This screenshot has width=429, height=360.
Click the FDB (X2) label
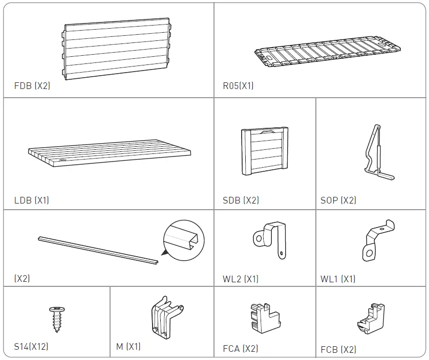[x=32, y=86]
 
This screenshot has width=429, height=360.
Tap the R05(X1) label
[x=238, y=86]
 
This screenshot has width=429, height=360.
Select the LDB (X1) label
[x=32, y=200]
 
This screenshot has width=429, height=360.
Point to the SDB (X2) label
[x=241, y=200]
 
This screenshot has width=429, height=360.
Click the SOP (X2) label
[x=338, y=200]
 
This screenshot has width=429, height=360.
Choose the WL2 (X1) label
[x=241, y=279]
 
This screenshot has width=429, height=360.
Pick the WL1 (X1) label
[x=338, y=279]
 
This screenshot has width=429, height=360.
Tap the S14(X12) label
[x=31, y=347]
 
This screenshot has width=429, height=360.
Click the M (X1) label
[x=128, y=347]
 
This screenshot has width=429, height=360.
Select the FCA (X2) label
[x=241, y=349]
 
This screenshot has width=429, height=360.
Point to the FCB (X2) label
[x=338, y=350]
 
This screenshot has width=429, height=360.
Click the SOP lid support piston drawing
[x=378, y=152]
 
